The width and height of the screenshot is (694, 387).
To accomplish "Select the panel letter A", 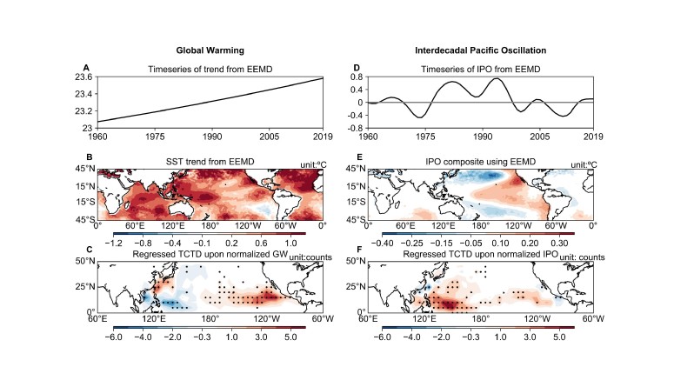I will (x=86, y=67).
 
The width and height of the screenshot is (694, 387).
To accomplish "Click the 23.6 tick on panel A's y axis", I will (x=84, y=77).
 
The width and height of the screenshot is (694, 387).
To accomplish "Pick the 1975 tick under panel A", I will (x=153, y=137).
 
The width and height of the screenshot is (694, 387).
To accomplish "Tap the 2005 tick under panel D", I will (x=537, y=137).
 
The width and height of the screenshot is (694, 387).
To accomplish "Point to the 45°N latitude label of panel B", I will (x=83, y=170).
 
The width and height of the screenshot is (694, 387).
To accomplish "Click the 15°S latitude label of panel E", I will (x=355, y=203).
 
